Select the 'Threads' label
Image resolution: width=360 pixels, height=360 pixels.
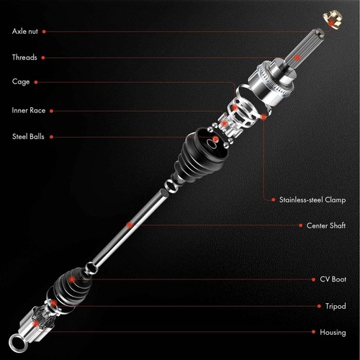(24, 57)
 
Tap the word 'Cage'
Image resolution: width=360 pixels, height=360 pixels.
(21, 82)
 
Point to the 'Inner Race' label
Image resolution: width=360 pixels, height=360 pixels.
(29, 110)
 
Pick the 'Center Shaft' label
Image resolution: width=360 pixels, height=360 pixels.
(325, 225)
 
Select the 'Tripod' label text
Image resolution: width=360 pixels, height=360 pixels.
(335, 306)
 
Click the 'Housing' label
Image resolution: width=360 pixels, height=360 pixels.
(333, 333)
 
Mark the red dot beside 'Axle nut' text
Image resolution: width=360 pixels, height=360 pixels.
(45, 32)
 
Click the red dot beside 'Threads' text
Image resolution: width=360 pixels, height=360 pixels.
(43, 57)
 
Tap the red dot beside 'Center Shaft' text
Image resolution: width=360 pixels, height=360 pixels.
(300, 225)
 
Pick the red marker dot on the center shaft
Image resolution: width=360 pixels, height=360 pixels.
(130, 225)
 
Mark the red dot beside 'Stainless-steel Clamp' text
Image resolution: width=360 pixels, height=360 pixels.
(272, 199)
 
